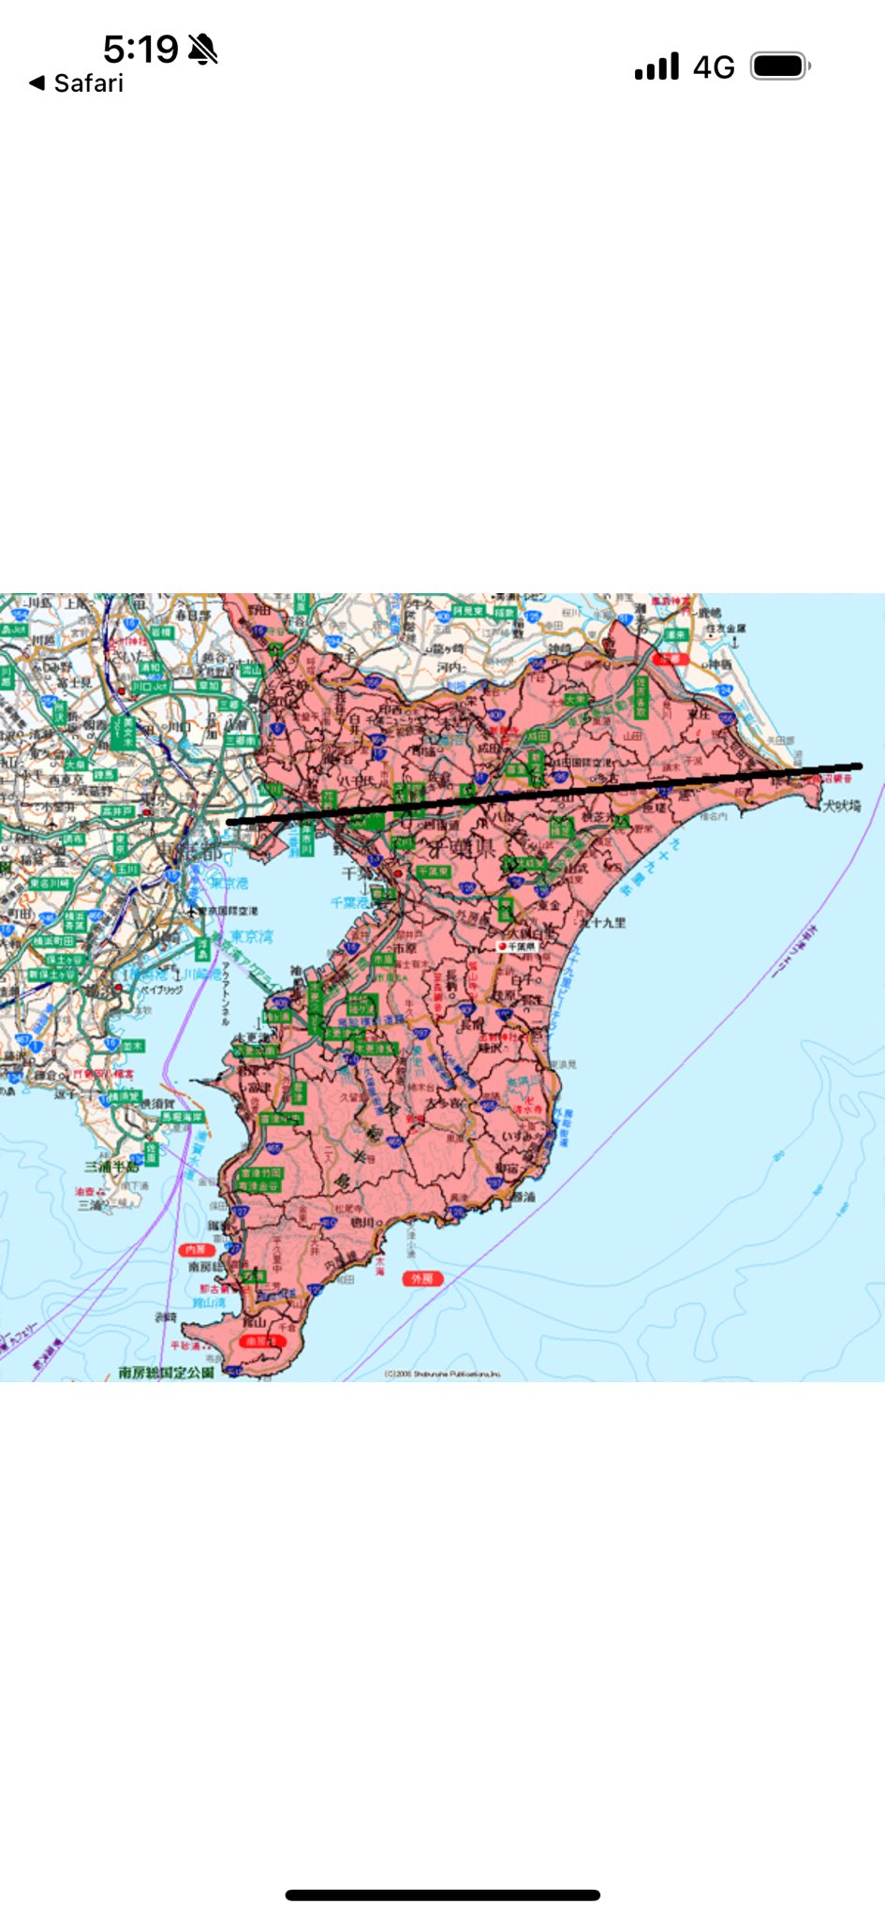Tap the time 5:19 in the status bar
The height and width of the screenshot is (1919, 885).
(x=140, y=49)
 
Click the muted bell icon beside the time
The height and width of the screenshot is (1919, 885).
(x=202, y=49)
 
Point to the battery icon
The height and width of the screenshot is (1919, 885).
(x=779, y=67)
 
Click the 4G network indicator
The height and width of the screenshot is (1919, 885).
(x=714, y=67)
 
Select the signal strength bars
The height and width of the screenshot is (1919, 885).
(x=656, y=67)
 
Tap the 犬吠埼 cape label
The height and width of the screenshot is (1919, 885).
(x=841, y=805)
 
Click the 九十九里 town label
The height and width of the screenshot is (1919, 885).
(x=603, y=922)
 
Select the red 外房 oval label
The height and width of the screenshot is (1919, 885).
(x=422, y=1278)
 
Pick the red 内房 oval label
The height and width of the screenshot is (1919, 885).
(x=195, y=1249)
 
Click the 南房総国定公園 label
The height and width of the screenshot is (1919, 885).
(x=167, y=1372)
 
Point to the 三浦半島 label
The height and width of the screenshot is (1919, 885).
(x=111, y=1167)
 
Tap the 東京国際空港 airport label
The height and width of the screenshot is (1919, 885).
(x=227, y=910)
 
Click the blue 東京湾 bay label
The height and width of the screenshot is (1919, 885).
(x=251, y=936)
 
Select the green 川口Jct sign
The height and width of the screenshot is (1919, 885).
(x=149, y=686)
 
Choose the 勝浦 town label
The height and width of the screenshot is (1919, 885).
(x=523, y=1197)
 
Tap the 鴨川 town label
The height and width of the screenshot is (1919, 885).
(x=363, y=1222)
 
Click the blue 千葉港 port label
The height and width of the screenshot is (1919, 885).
(x=350, y=902)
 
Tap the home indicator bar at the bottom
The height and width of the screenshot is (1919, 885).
(x=442, y=1895)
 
